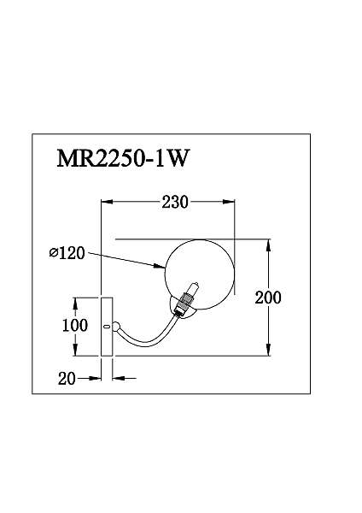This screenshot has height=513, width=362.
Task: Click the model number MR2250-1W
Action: click(x=123, y=159)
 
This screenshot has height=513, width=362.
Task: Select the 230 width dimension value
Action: click(x=175, y=202)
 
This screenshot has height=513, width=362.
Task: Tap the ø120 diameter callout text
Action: click(x=67, y=253)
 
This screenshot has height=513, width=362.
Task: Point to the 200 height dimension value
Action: click(x=268, y=298)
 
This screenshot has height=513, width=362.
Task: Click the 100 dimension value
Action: click(x=75, y=325)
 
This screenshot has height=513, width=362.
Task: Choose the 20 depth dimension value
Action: click(x=67, y=379)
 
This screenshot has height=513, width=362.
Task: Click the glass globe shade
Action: click(x=200, y=274)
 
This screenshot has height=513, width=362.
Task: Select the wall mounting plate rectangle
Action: click(x=107, y=327)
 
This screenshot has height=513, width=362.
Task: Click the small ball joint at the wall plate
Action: click(x=116, y=327)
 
